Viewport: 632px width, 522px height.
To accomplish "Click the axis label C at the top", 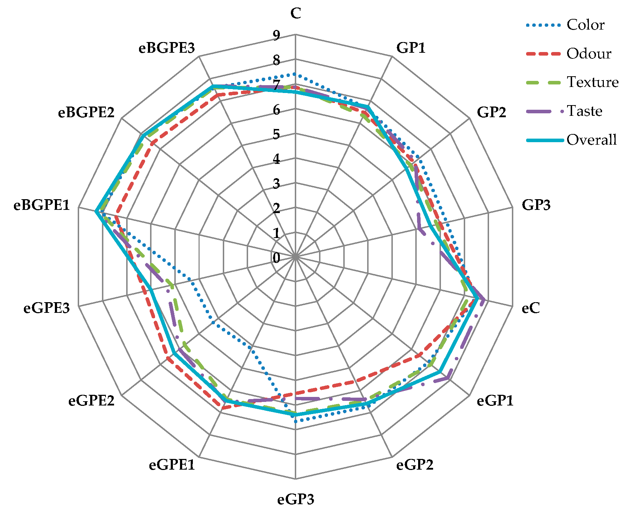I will [296, 14].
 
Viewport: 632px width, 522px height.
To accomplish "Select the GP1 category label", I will [411, 47].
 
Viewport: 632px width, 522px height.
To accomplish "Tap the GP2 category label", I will [491, 112].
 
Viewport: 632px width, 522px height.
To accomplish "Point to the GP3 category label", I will [536, 205].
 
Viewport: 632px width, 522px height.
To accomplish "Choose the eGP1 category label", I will [495, 401].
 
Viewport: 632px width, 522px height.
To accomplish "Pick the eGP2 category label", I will [415, 465].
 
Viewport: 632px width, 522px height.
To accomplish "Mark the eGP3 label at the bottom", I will [296, 500].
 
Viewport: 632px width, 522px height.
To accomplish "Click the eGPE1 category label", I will [172, 465].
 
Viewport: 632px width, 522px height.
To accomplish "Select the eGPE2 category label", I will [92, 401].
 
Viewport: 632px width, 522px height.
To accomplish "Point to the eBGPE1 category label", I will [42, 205].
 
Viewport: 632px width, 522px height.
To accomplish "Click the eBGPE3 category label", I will [167, 47].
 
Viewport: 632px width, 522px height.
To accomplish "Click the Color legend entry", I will [585, 25].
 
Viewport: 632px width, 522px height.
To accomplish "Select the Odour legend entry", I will [589, 54].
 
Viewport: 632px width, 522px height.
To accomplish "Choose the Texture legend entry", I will [592, 82].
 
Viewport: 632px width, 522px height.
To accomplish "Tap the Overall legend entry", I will [591, 140].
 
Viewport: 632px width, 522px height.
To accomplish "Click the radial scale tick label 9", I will [276, 35].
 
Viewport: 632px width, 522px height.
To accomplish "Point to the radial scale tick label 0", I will [276, 258].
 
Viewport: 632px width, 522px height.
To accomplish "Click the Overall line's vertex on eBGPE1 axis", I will [96, 211].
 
